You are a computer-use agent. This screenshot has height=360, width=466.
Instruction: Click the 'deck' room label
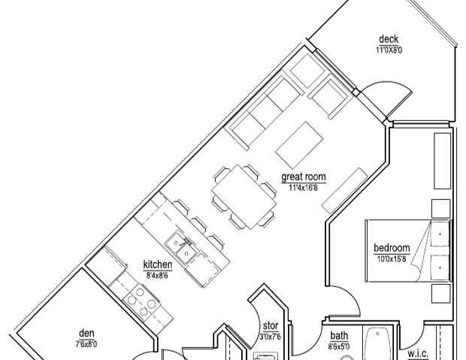tap(388, 40)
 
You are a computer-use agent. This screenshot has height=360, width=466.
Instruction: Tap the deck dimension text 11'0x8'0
tap(389, 50)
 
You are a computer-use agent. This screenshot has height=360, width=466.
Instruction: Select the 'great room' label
tap(303, 177)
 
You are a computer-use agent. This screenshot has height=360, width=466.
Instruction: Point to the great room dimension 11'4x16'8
tap(303, 187)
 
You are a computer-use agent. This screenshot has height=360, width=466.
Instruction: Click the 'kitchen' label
tap(158, 265)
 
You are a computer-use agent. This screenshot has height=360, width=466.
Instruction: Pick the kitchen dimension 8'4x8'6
tap(158, 274)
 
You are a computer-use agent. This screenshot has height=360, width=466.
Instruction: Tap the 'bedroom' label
tap(392, 248)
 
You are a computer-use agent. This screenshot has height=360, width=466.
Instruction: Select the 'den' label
tap(86, 334)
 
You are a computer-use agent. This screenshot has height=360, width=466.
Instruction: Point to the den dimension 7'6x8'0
tap(86, 343)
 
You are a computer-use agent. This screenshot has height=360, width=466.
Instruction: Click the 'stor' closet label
tap(270, 326)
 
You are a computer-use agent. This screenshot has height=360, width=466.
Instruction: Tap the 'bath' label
tap(339, 336)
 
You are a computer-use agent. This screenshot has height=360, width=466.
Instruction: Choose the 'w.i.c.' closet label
tap(418, 352)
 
